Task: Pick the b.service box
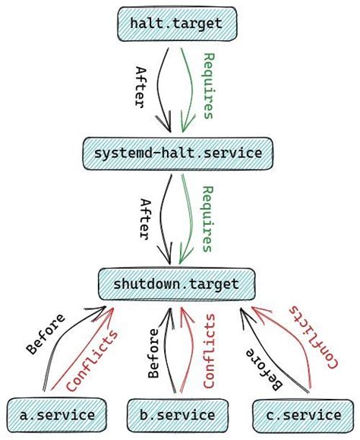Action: click(177, 415)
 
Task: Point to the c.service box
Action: click(304, 415)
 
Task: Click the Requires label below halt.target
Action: click(207, 87)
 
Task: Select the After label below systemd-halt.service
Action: click(144, 219)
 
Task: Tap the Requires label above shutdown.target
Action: click(207, 219)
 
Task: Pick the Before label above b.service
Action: click(154, 353)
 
